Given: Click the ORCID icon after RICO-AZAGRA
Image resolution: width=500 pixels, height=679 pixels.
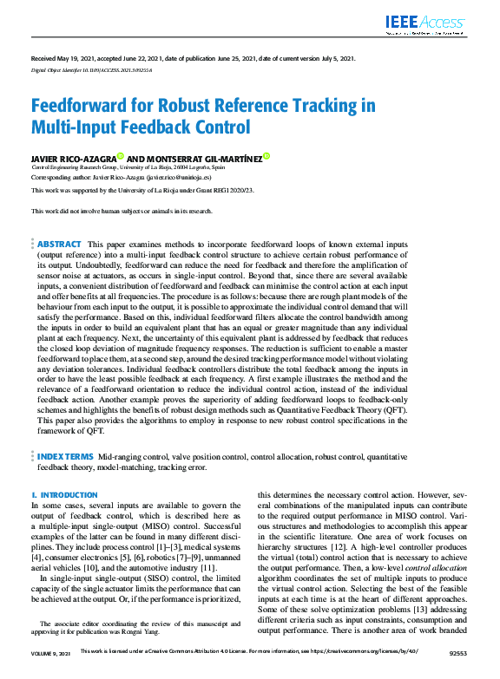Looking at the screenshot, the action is tap(120, 156).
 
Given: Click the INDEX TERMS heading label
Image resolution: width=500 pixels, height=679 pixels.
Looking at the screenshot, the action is tap(66, 455).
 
